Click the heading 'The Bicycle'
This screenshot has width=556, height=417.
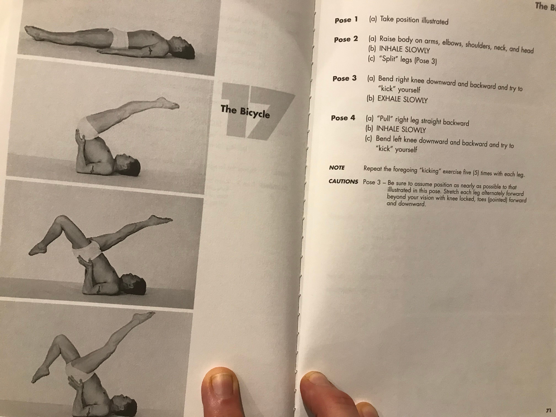click(245, 112)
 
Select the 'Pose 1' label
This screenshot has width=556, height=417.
click(346, 20)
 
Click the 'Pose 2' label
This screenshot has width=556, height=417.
click(346, 39)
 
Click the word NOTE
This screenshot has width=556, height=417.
click(337, 168)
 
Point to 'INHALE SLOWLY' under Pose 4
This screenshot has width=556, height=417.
click(401, 129)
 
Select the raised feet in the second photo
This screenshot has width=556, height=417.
click(168, 103)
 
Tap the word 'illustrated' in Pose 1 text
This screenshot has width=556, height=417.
click(435, 21)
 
